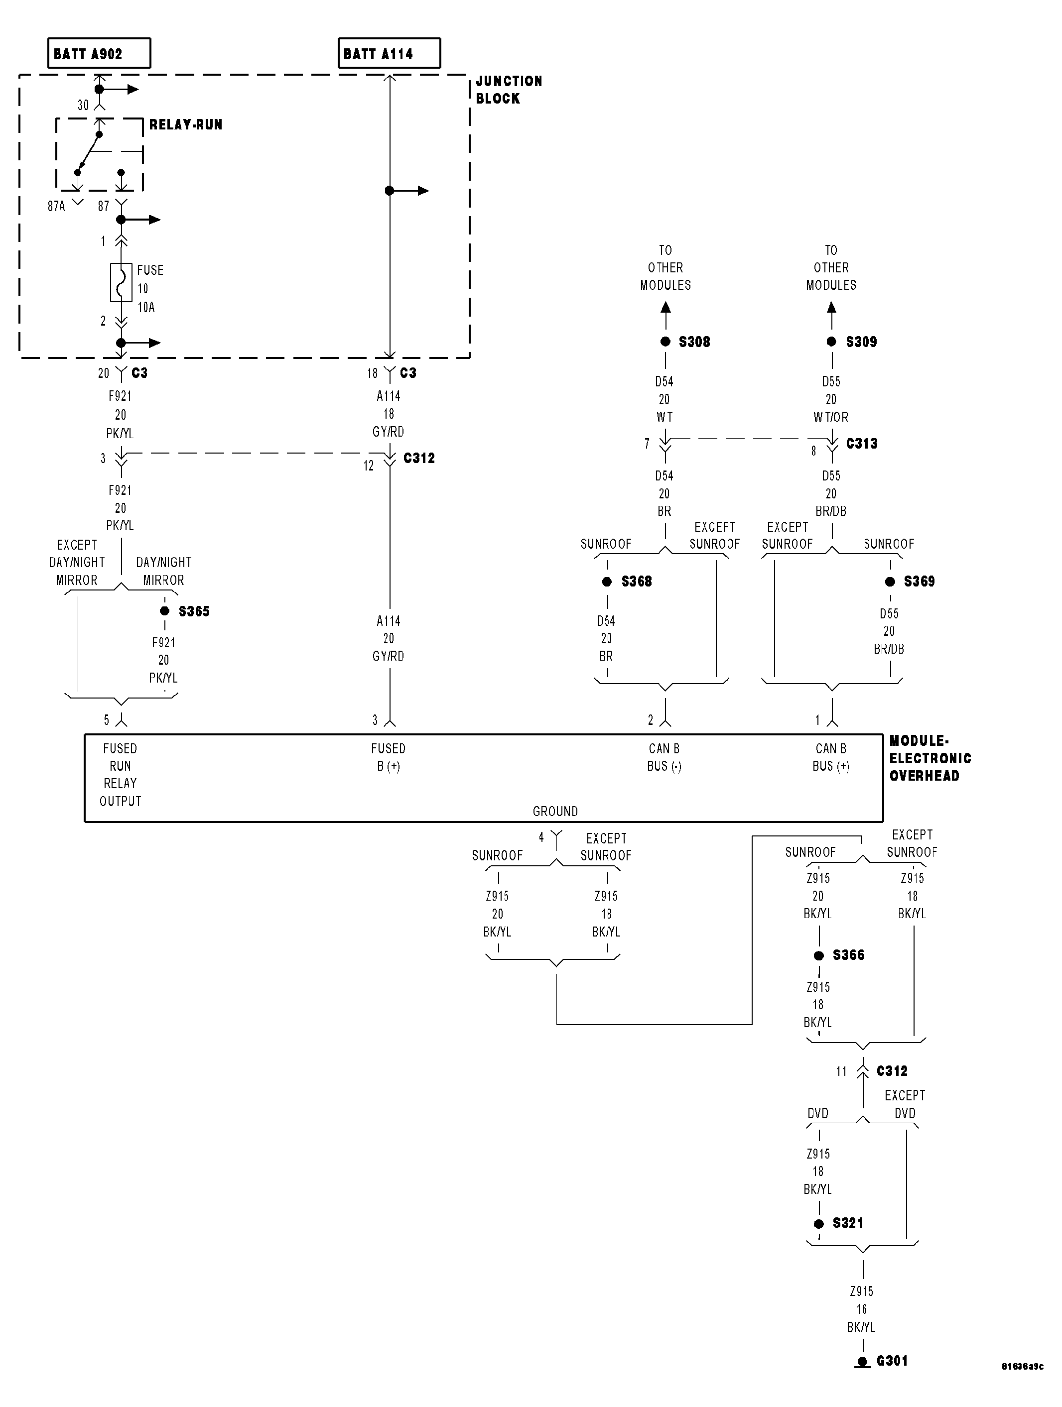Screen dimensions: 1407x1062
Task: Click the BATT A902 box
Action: pyautogui.click(x=99, y=53)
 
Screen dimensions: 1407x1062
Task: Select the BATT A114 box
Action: pyautogui.click(x=389, y=53)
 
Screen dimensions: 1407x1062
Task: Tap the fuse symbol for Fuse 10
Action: pyautogui.click(x=121, y=282)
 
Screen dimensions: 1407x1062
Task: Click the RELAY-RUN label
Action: pyautogui.click(x=186, y=124)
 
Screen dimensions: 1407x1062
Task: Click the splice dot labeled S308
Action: pyautogui.click(x=665, y=342)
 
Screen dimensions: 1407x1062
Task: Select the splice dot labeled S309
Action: pyautogui.click(x=831, y=342)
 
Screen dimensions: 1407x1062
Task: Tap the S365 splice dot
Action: pyautogui.click(x=165, y=610)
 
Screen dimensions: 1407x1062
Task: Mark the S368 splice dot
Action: pyautogui.click(x=607, y=582)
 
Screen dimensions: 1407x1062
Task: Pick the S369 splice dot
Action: pyautogui.click(x=890, y=582)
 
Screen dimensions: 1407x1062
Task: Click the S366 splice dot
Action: pyautogui.click(x=819, y=955)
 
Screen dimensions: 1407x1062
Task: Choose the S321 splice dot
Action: pyautogui.click(x=819, y=1223)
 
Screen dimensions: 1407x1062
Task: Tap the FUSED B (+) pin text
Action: pyautogui.click(x=388, y=757)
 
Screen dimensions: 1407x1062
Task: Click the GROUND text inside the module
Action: pyautogui.click(x=555, y=811)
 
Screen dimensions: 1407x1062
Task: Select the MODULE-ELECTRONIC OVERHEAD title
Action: pyautogui.click(x=929, y=758)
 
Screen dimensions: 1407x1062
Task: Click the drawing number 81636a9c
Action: pyautogui.click(x=1022, y=1366)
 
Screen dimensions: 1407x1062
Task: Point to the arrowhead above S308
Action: pyautogui.click(x=665, y=307)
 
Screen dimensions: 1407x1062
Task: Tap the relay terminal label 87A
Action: pyautogui.click(x=57, y=206)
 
